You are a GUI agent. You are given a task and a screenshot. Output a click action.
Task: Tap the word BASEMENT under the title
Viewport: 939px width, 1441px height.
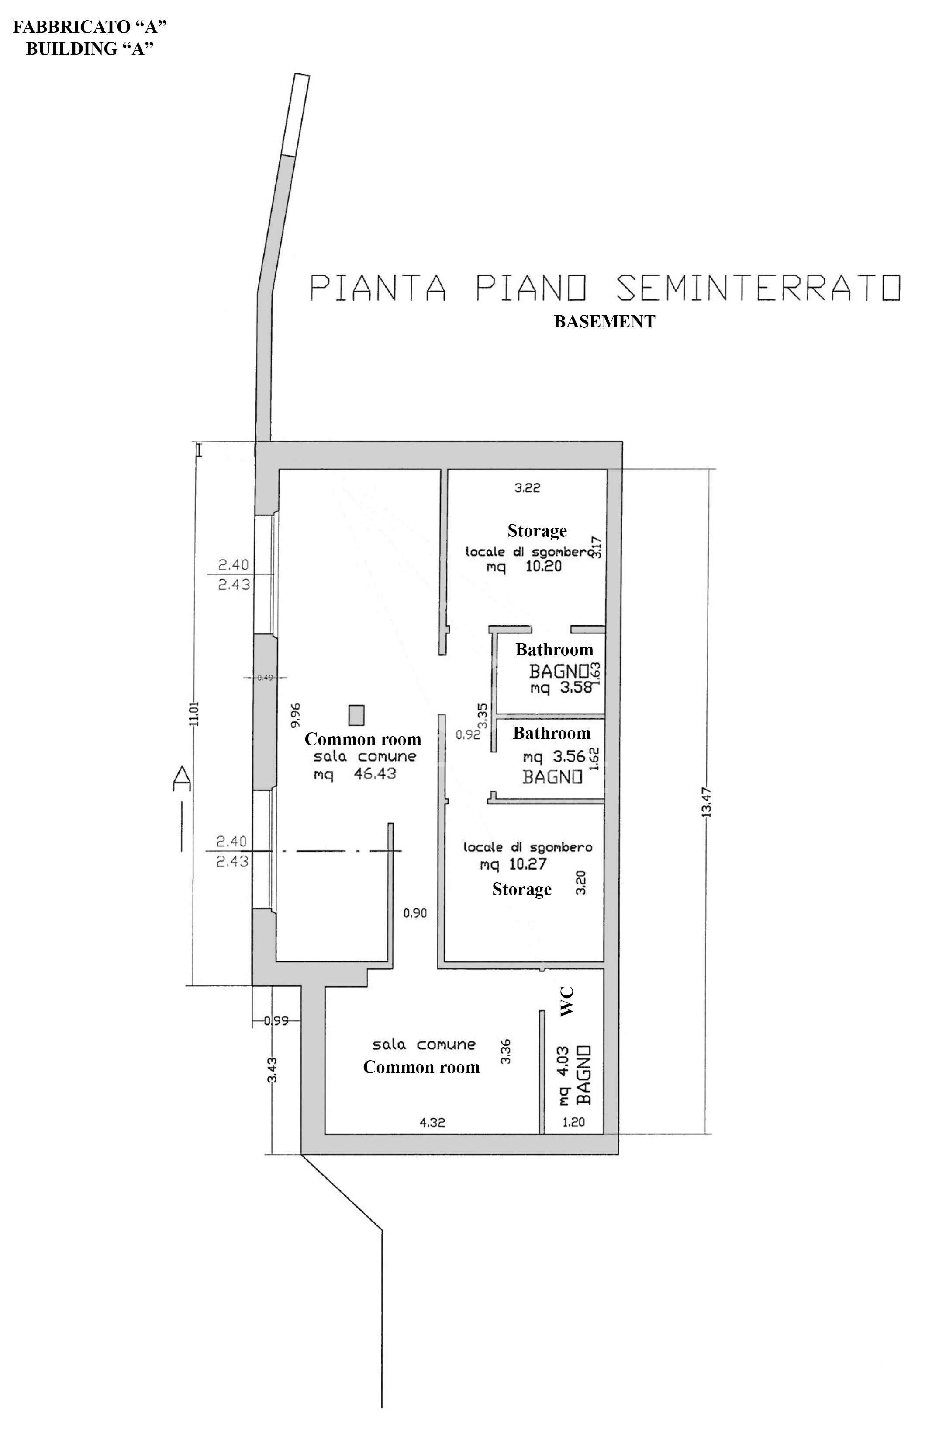604,321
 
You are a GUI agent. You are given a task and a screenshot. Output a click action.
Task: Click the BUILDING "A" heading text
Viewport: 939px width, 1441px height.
90,49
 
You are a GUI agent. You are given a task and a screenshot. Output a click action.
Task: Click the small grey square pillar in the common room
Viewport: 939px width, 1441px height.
357,715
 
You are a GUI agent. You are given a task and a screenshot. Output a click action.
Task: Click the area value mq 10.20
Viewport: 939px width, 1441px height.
524,567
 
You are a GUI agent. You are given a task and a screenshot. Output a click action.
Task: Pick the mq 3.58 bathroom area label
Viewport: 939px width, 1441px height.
561,688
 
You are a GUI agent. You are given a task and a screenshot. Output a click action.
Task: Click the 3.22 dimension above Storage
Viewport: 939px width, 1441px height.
527,487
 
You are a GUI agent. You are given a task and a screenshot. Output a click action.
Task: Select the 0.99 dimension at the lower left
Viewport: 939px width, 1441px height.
276,1021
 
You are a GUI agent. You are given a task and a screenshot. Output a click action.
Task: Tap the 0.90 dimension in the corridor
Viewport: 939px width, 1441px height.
415,913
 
